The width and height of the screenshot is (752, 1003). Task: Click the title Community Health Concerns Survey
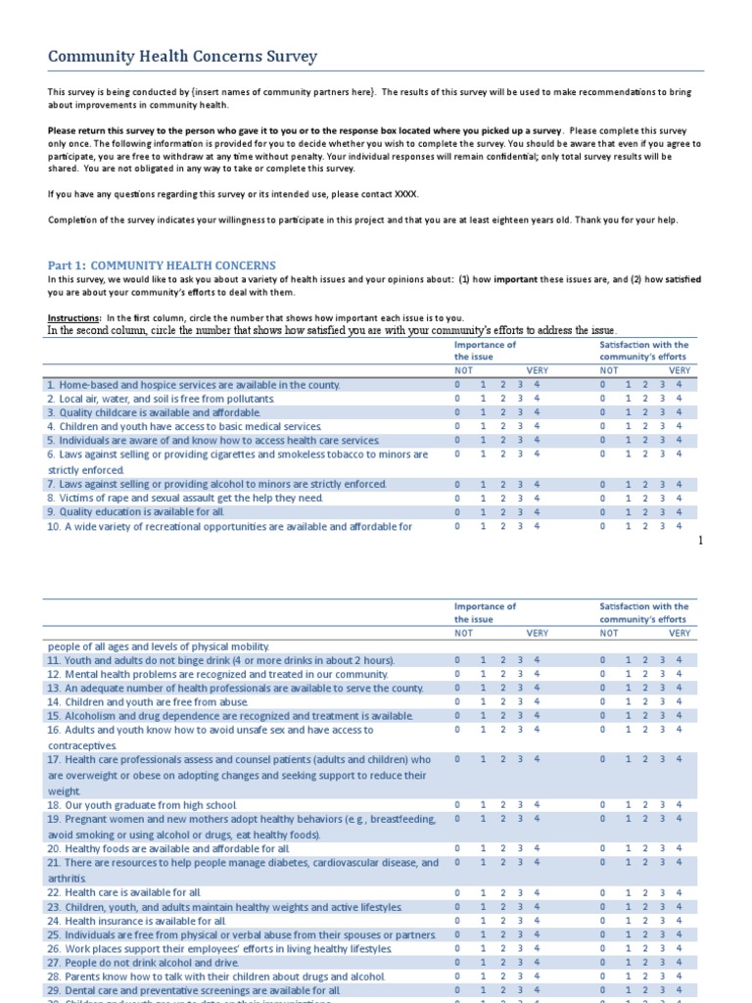pyautogui.click(x=182, y=57)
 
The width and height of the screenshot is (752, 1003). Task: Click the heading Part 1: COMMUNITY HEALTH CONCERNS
pyautogui.click(x=162, y=265)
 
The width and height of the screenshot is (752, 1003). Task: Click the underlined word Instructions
pyautogui.click(x=74, y=318)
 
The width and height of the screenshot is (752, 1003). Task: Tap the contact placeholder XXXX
pyautogui.click(x=405, y=193)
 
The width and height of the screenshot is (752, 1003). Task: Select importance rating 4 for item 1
pyautogui.click(x=537, y=385)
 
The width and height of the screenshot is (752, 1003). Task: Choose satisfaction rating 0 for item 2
pyautogui.click(x=602, y=399)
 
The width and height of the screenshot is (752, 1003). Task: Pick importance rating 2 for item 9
pyautogui.click(x=503, y=511)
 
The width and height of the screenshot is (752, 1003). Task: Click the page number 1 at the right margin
pyautogui.click(x=701, y=540)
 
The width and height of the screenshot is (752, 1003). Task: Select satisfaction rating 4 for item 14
pyautogui.click(x=680, y=702)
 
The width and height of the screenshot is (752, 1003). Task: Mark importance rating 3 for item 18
pyautogui.click(x=520, y=805)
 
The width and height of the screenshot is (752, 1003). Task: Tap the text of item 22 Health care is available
pyautogui.click(x=122, y=892)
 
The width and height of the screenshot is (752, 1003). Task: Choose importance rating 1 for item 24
pyautogui.click(x=481, y=921)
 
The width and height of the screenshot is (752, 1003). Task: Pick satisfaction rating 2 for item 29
pyautogui.click(x=645, y=991)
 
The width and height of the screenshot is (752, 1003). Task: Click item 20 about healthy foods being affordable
pyautogui.click(x=168, y=848)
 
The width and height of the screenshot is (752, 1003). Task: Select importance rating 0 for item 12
pyautogui.click(x=457, y=674)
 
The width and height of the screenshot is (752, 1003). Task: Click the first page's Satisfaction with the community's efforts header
pyautogui.click(x=643, y=351)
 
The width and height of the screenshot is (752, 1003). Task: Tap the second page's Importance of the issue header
pyautogui.click(x=485, y=613)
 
